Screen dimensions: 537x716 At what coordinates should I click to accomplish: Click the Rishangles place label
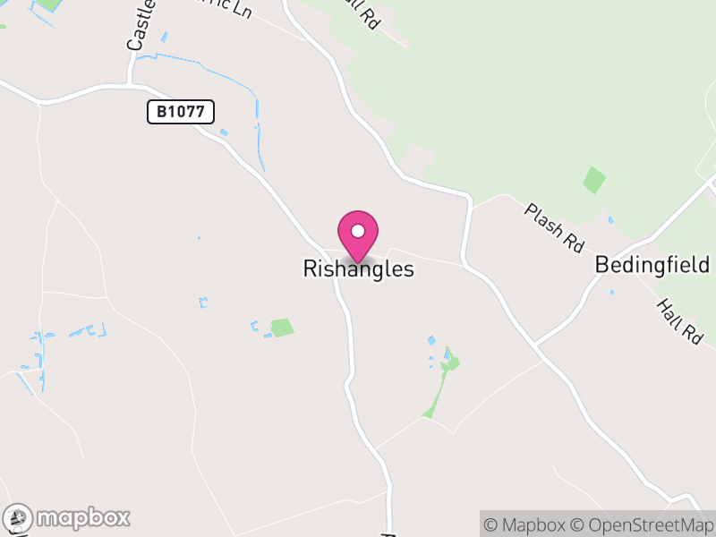point(359,268)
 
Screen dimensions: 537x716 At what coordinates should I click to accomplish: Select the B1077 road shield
point(181,112)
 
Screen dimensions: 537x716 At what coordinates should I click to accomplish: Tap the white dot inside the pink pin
point(358,231)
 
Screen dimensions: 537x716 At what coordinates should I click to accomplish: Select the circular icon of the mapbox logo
point(19,517)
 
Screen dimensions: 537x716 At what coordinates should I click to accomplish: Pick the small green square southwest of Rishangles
point(282,328)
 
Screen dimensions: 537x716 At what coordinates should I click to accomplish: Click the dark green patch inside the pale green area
point(594,180)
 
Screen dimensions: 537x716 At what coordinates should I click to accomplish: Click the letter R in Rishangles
point(311,268)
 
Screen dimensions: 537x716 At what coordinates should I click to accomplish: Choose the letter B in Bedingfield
point(602,266)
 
